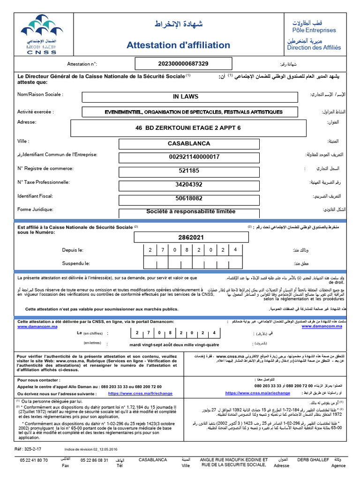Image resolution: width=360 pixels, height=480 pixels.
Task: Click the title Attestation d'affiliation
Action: pyautogui.click(x=178, y=45)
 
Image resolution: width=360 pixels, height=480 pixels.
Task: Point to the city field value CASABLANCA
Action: pyautogui.click(x=189, y=143)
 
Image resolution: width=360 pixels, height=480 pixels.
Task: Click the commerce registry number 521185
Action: pyautogui.click(x=188, y=171)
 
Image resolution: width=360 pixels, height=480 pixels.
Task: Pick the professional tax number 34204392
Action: pyautogui.click(x=188, y=184)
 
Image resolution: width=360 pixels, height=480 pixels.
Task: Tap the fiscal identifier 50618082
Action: pyautogui.click(x=188, y=198)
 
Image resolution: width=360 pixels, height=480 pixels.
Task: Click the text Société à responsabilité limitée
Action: pyautogui.click(x=191, y=211)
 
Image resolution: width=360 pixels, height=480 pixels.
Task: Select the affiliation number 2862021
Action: pyautogui.click(x=191, y=237)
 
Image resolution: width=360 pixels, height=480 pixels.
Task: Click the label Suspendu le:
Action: pyautogui.click(x=76, y=263)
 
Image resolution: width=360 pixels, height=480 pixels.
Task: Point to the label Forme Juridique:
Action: pyautogui.click(x=35, y=210)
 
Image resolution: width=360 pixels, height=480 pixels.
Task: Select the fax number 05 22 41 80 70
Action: pyautogui.click(x=34, y=460)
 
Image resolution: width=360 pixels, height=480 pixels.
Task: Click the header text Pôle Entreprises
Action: pyautogui.click(x=314, y=30)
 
